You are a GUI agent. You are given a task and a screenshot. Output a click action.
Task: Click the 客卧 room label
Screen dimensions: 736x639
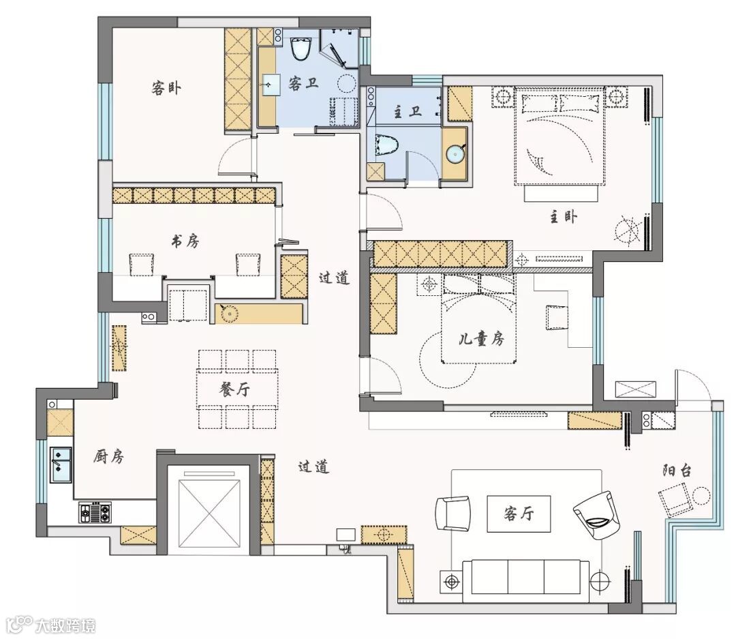pos(166,88)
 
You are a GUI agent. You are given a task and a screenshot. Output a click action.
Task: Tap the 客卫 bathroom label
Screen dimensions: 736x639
pos(303,84)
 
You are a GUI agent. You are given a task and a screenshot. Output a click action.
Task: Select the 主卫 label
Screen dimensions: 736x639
pos(408,112)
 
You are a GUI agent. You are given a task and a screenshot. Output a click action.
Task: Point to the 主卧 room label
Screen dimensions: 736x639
pos(564,217)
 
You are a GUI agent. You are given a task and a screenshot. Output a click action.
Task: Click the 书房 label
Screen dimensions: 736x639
pos(185,241)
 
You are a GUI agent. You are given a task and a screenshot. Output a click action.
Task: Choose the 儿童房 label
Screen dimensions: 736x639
pos(481,338)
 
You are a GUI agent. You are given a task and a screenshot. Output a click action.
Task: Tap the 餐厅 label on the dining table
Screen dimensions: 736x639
pos(234,389)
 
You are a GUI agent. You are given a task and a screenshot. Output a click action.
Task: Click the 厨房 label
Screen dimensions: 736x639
pos(108,456)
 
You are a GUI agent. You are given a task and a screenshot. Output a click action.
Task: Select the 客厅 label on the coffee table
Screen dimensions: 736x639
pos(519,514)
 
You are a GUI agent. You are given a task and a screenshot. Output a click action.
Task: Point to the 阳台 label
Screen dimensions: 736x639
pos(677,471)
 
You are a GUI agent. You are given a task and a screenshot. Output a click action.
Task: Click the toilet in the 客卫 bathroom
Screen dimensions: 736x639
pos(301,48)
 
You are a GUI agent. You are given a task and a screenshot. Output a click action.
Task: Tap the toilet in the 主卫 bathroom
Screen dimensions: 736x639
pos(388,145)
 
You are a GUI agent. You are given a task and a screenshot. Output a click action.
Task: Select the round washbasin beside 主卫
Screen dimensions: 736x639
pos(455,154)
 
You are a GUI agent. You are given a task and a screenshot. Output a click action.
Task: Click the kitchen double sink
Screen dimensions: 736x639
pos(61,464)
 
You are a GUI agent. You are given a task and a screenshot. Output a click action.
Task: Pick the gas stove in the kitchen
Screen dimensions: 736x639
pos(96,512)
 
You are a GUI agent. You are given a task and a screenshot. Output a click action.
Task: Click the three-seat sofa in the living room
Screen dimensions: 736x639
pos(526,581)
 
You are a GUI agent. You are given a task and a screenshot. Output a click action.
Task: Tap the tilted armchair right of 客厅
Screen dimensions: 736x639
pos(597,516)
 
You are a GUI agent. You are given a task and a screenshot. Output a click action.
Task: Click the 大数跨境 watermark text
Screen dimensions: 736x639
pos(65,626)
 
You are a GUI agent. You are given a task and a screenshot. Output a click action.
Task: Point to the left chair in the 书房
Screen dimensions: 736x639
pos(141,265)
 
